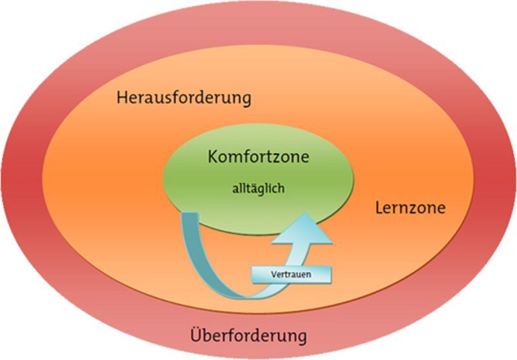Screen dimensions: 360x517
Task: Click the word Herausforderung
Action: (x=184, y=99)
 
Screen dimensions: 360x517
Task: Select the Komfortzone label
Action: (x=258, y=157)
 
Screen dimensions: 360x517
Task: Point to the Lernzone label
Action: (x=410, y=209)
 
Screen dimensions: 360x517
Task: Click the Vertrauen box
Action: (x=290, y=273)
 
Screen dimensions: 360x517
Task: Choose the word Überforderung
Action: (x=248, y=336)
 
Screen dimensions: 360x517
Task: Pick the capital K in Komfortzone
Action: (x=213, y=157)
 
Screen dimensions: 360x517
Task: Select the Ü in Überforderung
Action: (x=196, y=335)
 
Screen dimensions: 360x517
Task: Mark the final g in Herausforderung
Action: (x=244, y=101)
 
